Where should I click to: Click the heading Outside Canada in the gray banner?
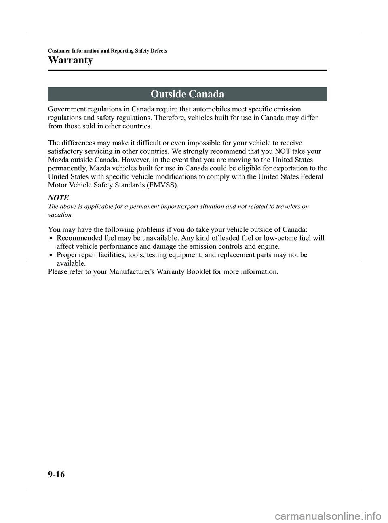tap(187, 94)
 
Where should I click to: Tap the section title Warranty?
tap(70, 60)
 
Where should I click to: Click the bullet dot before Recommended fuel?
tap(52, 238)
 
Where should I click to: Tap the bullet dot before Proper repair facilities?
tap(52, 255)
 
